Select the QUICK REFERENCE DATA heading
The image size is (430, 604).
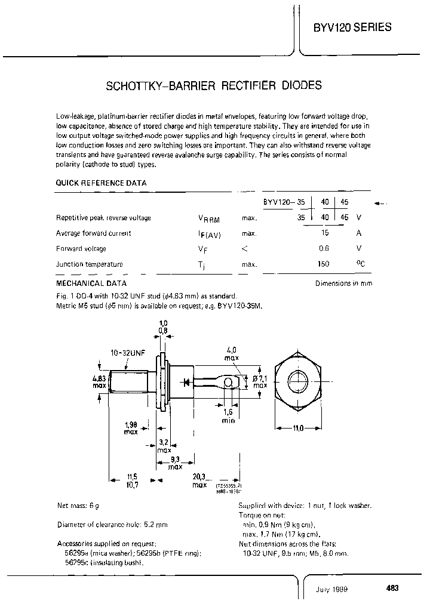click(x=101, y=183)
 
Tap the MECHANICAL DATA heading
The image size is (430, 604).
click(x=91, y=283)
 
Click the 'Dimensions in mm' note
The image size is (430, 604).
click(x=343, y=283)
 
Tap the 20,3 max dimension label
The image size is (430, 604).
click(x=199, y=481)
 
